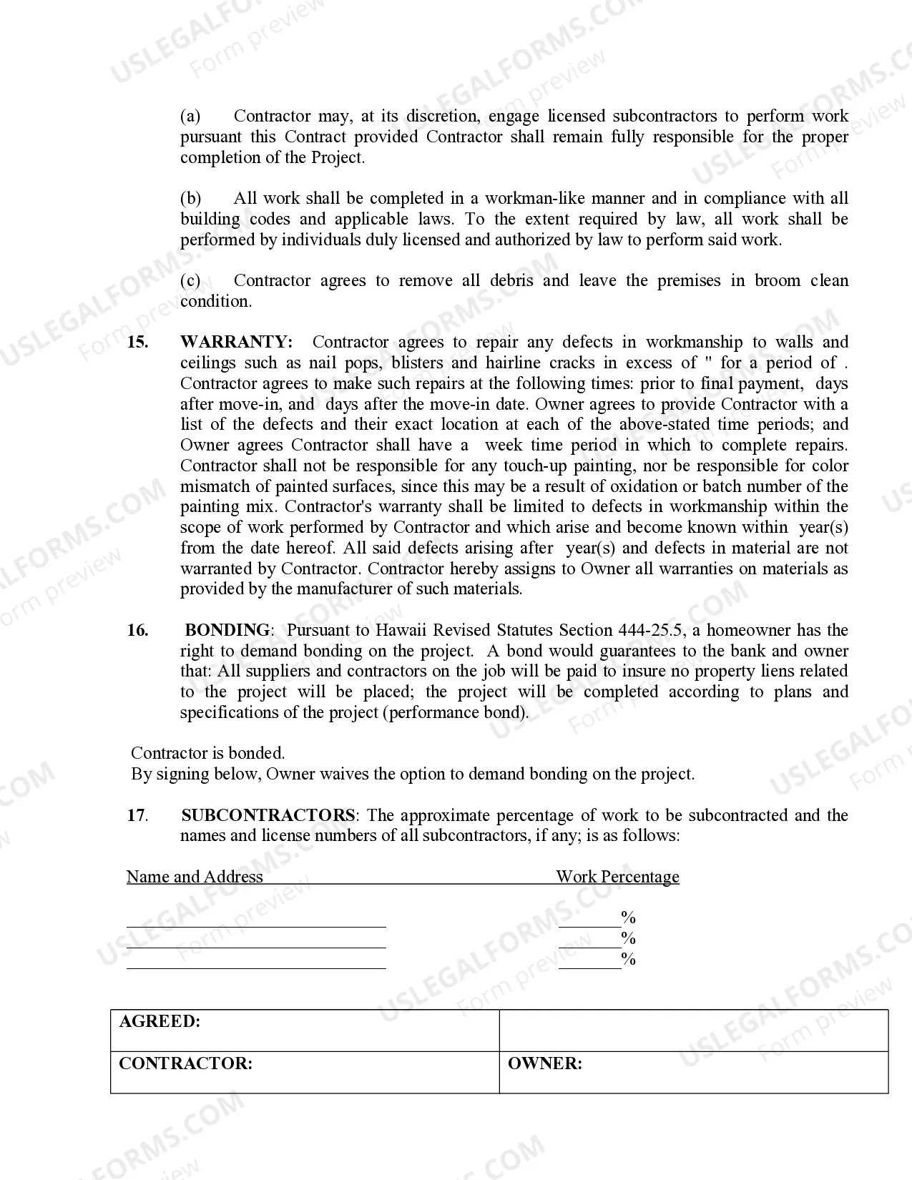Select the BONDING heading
227,630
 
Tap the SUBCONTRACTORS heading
268,815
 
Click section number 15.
138,342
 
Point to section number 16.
138,630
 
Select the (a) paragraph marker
190,116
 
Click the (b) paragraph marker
190,198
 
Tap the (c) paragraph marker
190,280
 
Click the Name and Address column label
195,877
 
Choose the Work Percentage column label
617,877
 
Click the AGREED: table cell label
160,1021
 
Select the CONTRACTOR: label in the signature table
185,1063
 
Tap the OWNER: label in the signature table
544,1063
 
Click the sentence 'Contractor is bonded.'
207,753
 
